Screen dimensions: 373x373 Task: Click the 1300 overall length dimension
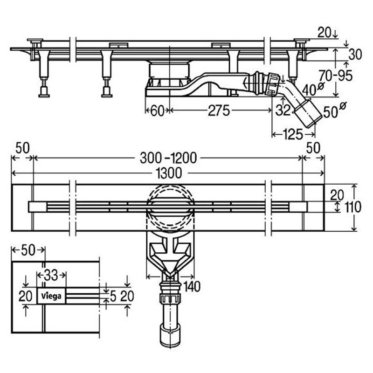click(170, 173)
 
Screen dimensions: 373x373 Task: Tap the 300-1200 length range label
click(168, 158)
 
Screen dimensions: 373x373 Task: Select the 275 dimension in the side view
click(219, 111)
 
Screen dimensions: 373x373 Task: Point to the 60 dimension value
click(158, 111)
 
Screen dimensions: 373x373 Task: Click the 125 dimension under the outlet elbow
click(293, 135)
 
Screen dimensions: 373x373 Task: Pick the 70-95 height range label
click(336, 76)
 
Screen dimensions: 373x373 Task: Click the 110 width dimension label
click(353, 207)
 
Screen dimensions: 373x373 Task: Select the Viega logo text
click(51, 296)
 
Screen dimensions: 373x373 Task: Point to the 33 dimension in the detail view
click(51, 276)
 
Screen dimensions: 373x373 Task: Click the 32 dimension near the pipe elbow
click(283, 110)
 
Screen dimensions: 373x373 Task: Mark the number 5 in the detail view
click(113, 297)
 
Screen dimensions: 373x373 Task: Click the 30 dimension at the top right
click(355, 55)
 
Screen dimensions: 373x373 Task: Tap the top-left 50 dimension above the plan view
click(22, 148)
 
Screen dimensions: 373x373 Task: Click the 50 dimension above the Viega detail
click(28, 250)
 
